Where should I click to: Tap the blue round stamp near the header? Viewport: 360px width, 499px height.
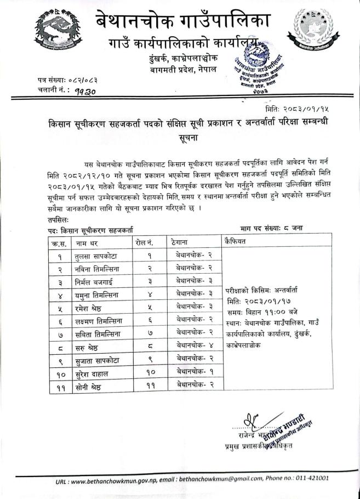pos(261,69)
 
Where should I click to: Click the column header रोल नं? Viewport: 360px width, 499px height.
pos(143,242)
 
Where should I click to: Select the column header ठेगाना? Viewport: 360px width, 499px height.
pos(180,241)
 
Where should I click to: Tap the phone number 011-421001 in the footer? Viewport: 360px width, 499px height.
pos(311,478)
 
